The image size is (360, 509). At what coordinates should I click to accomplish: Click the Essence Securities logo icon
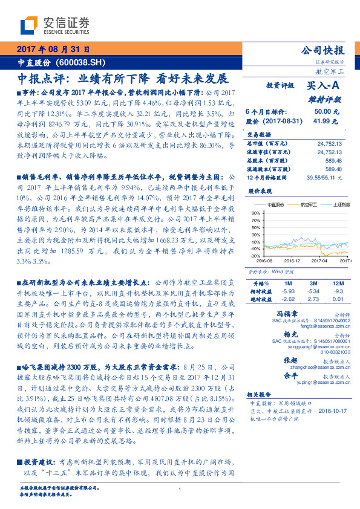click(x=28, y=25)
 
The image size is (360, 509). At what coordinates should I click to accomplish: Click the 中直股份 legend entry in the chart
click(x=275, y=205)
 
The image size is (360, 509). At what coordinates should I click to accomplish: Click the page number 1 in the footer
click(x=180, y=490)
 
